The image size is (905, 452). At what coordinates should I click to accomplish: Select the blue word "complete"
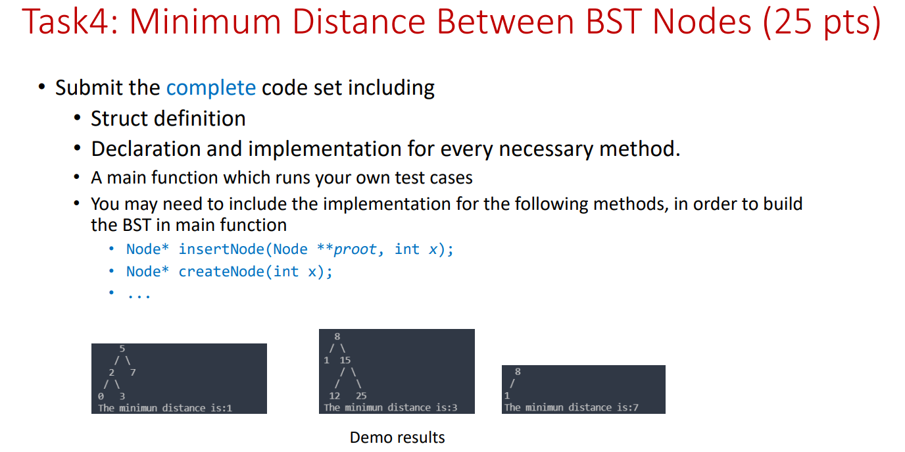tap(210, 88)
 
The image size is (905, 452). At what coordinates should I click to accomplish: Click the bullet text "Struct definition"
tap(168, 118)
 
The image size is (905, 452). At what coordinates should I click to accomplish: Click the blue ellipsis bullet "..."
tap(139, 295)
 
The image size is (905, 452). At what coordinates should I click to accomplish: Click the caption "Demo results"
tap(397, 438)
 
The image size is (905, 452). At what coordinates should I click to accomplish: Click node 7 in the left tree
tap(134, 372)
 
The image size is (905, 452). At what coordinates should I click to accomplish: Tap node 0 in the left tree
tap(99, 396)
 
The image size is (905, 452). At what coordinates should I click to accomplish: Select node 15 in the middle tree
tap(345, 361)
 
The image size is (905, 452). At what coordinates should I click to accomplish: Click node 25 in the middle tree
tap(361, 396)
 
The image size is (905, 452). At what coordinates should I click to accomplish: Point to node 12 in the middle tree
tap(334, 396)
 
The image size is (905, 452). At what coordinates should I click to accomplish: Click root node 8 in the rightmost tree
tap(518, 372)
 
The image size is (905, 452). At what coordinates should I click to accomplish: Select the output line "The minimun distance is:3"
tap(391, 408)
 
